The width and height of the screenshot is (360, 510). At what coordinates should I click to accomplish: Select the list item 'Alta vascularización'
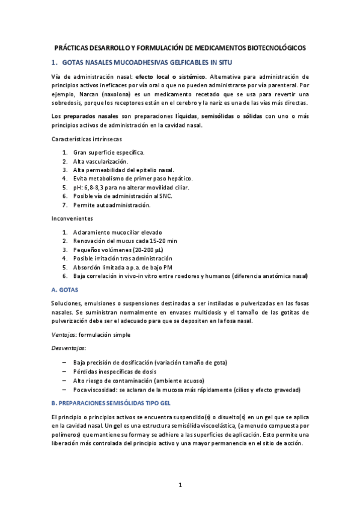[x=100, y=161]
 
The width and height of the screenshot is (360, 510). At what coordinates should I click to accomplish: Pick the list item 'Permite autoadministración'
[x=112, y=205]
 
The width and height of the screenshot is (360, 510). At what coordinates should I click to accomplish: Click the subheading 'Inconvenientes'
[x=72, y=219]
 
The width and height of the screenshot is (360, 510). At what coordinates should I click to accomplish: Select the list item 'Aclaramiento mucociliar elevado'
[x=117, y=232]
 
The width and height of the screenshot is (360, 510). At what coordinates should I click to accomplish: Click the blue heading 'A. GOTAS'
[x=65, y=289]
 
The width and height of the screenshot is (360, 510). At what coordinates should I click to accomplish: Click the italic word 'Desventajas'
[x=69, y=348]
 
